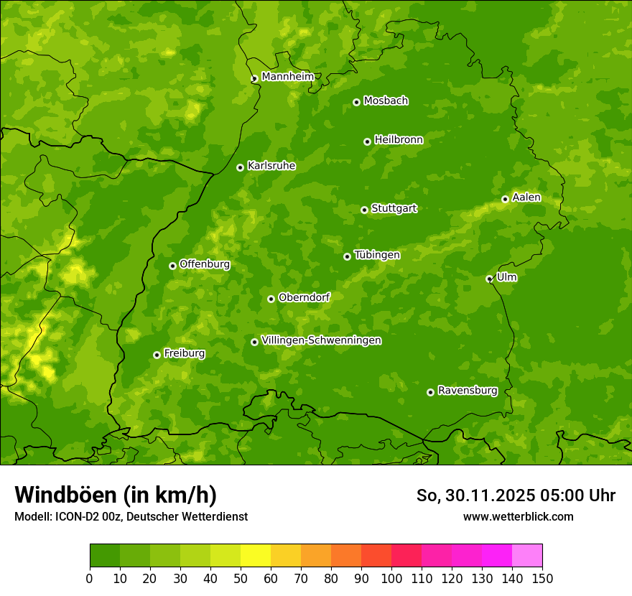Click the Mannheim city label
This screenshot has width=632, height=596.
pos(288,77)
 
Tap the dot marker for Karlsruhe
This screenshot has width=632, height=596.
pos(240,167)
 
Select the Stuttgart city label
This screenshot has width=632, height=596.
pos(394,209)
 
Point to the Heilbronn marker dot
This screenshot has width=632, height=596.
pos(367,141)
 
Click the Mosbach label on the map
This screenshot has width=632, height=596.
pos(386,101)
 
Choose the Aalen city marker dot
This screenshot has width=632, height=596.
pos(505,199)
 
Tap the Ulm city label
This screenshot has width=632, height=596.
pos(506,277)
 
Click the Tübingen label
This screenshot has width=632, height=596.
pos(377,255)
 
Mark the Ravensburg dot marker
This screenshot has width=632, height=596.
pos(430,392)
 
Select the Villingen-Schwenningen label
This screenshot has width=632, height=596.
pos(322,340)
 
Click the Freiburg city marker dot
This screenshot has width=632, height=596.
pos(157,355)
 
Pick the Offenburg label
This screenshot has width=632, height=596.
pos(205,264)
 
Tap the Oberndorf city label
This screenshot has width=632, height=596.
pos(305,297)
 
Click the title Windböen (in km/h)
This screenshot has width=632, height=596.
pos(115,495)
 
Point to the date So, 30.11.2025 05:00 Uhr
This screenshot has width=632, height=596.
pos(516,495)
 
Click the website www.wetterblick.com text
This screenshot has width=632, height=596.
pos(518,516)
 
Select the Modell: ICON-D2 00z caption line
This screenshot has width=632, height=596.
pos(131,516)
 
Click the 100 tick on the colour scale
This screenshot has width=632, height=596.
pos(391,577)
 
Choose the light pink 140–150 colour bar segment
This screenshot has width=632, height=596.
pos(527,556)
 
